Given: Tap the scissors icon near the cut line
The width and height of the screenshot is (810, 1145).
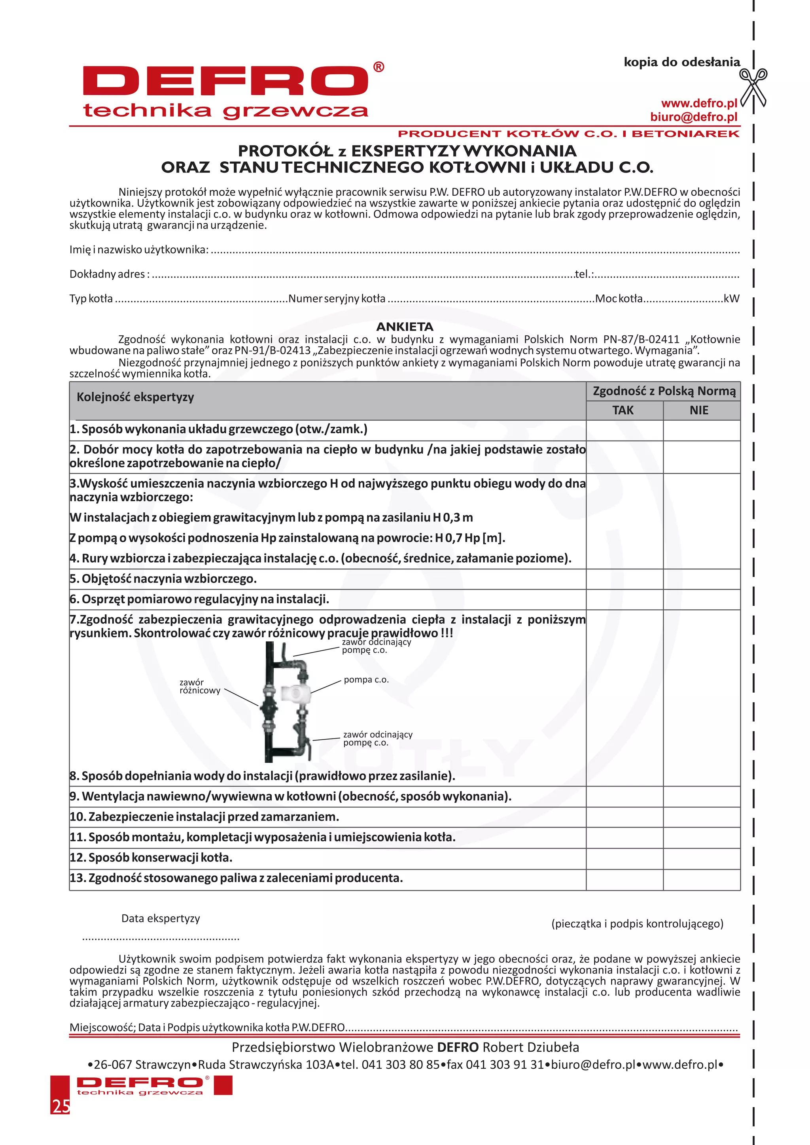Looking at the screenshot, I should (753, 88).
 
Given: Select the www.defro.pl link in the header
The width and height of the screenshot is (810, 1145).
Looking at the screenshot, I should (699, 103).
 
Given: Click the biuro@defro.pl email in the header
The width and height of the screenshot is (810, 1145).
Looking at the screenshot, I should (693, 117).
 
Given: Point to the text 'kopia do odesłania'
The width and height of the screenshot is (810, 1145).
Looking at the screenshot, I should (681, 62).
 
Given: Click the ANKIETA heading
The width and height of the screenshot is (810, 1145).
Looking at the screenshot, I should (405, 327).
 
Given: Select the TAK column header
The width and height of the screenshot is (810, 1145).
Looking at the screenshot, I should (623, 410).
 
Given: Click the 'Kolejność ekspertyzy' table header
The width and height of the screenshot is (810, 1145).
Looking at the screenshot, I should (135, 397).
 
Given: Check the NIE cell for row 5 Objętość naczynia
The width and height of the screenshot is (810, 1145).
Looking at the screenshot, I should (701, 579).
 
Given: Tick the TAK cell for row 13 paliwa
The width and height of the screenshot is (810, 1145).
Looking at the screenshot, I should (624, 878).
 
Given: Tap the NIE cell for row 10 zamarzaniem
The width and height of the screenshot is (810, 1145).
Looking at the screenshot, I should (701, 817).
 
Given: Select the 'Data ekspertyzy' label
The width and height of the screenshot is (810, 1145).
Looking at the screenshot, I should (161, 918).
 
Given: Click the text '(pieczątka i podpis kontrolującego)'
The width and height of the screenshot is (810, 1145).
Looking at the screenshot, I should (637, 924).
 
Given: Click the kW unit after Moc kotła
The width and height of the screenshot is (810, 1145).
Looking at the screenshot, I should (731, 299).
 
